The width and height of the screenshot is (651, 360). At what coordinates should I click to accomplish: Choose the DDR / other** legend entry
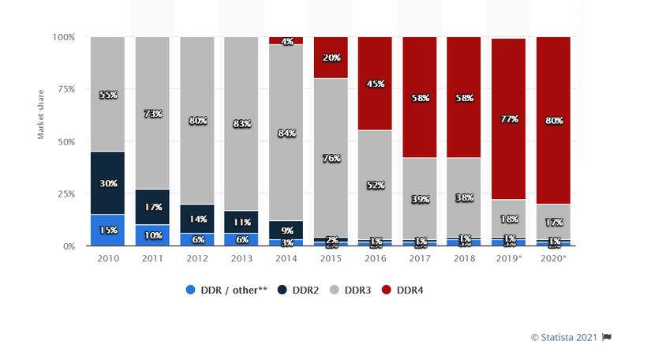tap(226, 291)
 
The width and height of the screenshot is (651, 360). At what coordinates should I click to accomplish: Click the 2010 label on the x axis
tap(107, 259)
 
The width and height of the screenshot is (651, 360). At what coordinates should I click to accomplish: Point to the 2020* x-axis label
tap(553, 259)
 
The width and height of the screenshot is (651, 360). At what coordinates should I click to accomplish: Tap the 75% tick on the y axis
tap(64, 89)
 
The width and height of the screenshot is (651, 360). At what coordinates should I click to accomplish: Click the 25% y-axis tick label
tap(64, 193)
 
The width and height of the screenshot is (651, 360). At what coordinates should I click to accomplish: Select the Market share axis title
tap(41, 115)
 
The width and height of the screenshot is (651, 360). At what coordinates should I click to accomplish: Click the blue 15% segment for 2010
tap(108, 230)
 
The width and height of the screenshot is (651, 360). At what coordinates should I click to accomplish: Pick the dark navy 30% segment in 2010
tap(108, 183)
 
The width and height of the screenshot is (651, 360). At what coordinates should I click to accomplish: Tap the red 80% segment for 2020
tap(553, 121)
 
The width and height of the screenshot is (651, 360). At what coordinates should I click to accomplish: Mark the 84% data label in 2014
tap(286, 133)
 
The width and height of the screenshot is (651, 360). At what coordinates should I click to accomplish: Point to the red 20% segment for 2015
tap(331, 58)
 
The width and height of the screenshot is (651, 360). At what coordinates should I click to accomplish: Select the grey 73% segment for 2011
tap(152, 113)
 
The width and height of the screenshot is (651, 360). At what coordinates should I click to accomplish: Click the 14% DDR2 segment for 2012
tap(197, 219)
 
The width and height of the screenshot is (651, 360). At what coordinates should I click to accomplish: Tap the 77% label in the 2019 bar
tap(509, 118)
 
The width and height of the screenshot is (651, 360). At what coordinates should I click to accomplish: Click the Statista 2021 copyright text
tap(564, 337)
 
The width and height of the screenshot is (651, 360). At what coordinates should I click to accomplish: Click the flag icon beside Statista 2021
tap(607, 337)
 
